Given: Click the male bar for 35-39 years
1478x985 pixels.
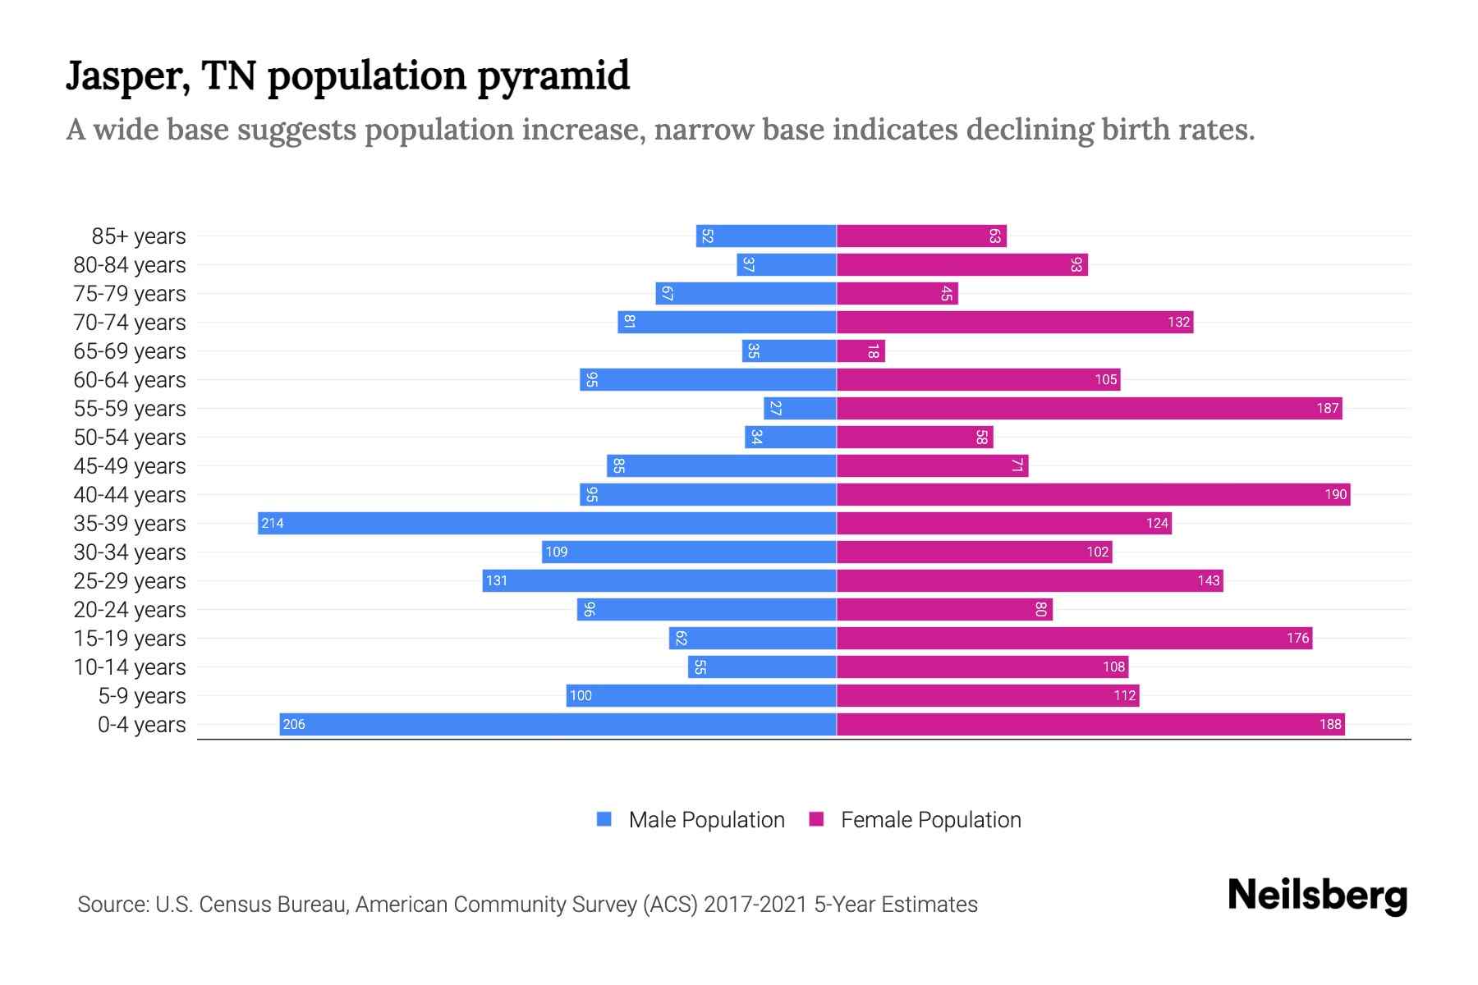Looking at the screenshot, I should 547,523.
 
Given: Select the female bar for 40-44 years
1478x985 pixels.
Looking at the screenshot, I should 1093,494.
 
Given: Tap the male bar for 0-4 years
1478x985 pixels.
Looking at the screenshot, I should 558,724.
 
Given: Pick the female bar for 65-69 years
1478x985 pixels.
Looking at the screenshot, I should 861,351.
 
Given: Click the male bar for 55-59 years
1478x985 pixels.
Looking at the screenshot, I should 800,408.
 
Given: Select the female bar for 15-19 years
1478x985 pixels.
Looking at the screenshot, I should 1074,638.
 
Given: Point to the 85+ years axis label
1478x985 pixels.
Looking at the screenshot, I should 138,236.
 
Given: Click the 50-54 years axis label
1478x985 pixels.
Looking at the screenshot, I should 130,438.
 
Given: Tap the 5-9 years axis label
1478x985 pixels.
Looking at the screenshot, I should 141,696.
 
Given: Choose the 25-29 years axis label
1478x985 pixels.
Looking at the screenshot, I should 130,581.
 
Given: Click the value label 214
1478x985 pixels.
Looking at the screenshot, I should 273,523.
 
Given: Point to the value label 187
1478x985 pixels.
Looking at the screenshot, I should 1327,408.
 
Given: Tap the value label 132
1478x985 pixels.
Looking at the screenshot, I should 1178,322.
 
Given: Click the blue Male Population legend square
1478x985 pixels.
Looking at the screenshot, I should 604,819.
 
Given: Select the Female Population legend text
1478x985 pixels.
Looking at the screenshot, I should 930,819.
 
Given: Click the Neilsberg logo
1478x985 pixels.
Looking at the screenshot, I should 1317,896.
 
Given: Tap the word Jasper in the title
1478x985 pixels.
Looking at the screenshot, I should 128,77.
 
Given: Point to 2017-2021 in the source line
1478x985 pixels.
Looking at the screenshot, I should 755,905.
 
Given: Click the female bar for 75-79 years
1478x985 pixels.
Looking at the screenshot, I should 897,293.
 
